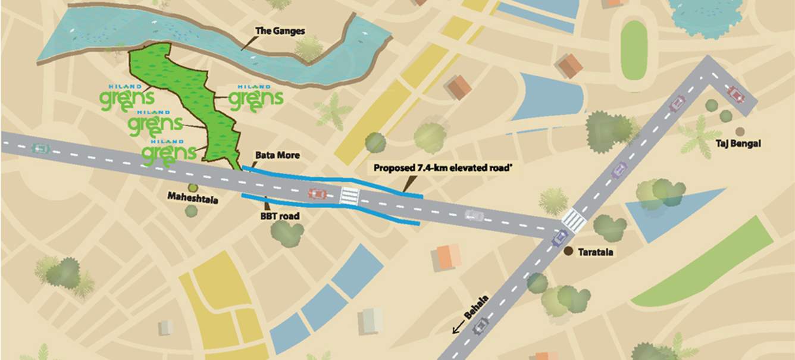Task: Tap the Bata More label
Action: [x=277, y=155]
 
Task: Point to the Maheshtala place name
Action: [x=193, y=197]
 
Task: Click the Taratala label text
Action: [x=596, y=252]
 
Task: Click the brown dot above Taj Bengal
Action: [x=739, y=132]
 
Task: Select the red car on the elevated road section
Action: [x=317, y=193]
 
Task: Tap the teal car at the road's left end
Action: [x=40, y=148]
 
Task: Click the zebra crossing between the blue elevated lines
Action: [x=348, y=195]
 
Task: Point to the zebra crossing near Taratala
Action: [x=574, y=220]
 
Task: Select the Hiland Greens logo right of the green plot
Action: [x=255, y=98]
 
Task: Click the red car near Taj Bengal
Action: [x=735, y=94]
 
